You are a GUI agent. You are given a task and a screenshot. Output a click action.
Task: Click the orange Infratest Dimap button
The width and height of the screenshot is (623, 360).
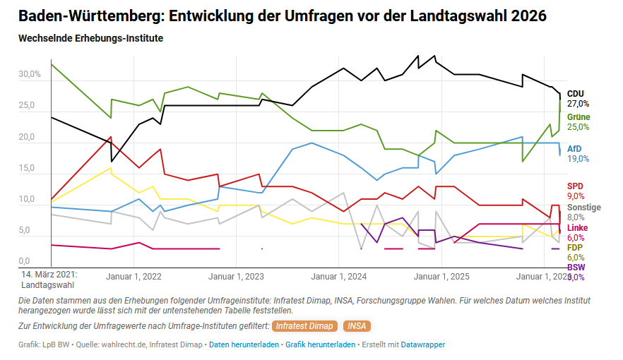click(304, 326)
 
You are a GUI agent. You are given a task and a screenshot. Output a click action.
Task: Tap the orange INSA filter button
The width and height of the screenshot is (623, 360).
click(356, 326)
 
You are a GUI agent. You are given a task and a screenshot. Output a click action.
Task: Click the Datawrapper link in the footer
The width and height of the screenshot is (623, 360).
click(423, 344)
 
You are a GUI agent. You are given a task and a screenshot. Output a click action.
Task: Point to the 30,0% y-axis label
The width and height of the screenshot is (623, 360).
click(30, 75)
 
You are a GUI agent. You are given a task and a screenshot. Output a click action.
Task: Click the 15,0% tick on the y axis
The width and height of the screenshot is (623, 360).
click(30, 169)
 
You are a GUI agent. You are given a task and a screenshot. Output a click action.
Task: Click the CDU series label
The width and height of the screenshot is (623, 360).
click(576, 93)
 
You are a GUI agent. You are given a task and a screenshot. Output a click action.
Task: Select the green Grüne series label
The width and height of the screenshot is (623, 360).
click(578, 117)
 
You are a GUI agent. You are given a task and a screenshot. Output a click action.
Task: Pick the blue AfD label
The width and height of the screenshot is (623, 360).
click(575, 149)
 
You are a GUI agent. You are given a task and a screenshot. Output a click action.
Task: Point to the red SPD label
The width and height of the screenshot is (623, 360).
click(575, 186)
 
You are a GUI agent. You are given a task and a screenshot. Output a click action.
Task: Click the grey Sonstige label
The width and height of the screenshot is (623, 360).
click(584, 208)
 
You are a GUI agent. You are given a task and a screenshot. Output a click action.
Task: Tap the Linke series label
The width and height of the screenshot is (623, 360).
click(577, 228)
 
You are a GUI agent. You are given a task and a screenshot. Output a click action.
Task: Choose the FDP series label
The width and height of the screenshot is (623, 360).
click(575, 248)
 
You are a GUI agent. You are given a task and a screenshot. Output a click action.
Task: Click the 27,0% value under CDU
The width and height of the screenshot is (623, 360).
click(578, 104)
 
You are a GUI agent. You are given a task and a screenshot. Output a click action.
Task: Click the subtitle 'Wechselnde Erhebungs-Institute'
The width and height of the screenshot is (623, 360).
click(91, 38)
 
